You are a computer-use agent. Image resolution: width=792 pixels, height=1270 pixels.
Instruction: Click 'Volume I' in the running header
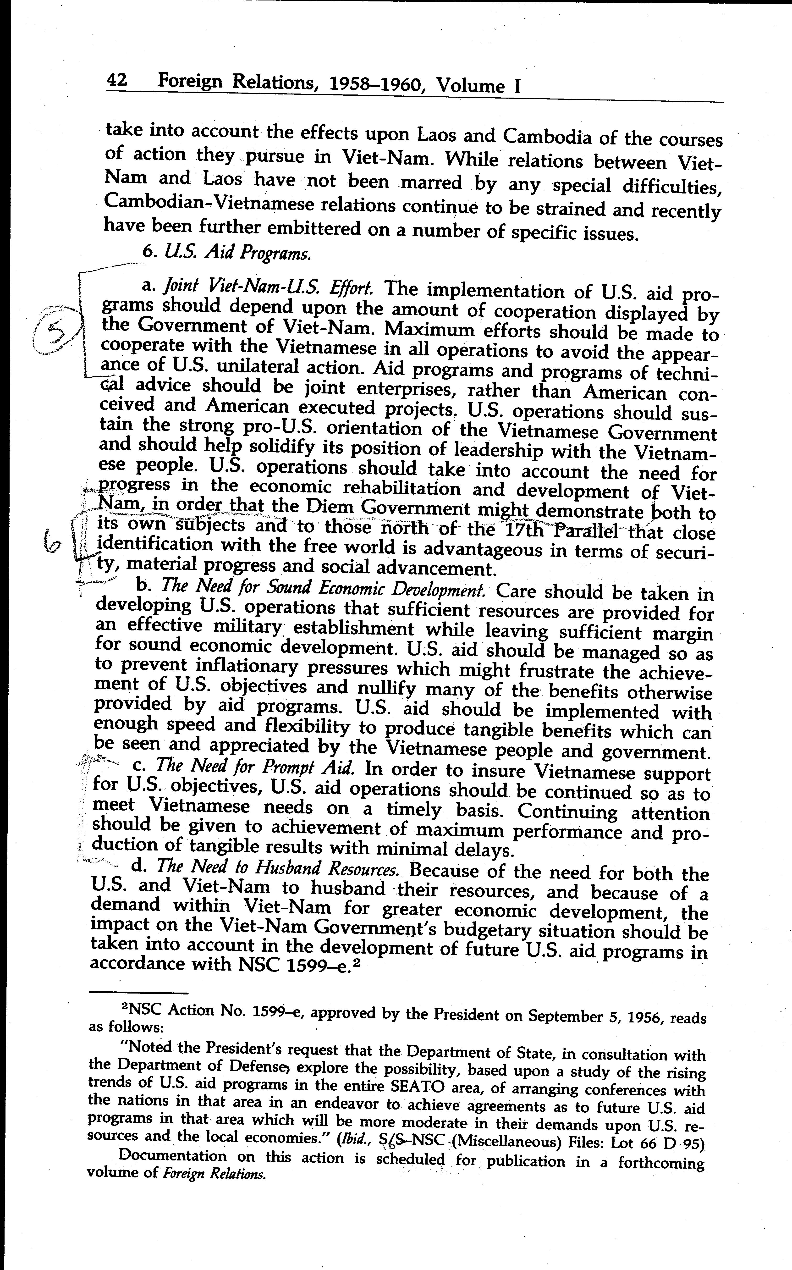coord(478,85)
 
